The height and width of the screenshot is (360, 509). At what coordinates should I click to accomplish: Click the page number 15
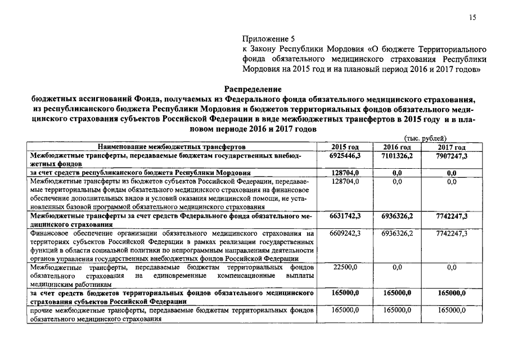pos(472,18)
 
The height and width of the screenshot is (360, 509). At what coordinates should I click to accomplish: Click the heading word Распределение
pos(253,89)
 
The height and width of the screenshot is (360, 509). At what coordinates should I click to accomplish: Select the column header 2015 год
pos(345,147)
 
